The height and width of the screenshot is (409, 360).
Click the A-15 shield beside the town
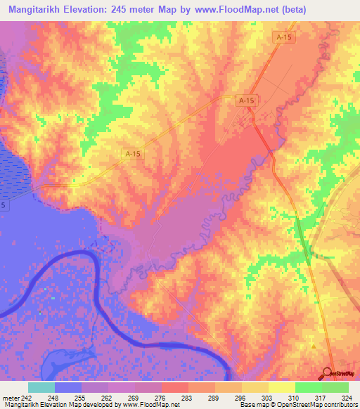coord(245,101)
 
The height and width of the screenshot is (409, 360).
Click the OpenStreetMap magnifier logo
coord(328,372)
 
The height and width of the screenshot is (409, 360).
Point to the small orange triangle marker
coord(313,346)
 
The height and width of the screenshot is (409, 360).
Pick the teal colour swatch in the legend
coord(41,387)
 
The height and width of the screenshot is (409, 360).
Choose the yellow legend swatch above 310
coord(282,387)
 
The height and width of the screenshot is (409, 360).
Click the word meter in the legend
coord(8,397)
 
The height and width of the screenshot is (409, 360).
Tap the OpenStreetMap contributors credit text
coord(316,405)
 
